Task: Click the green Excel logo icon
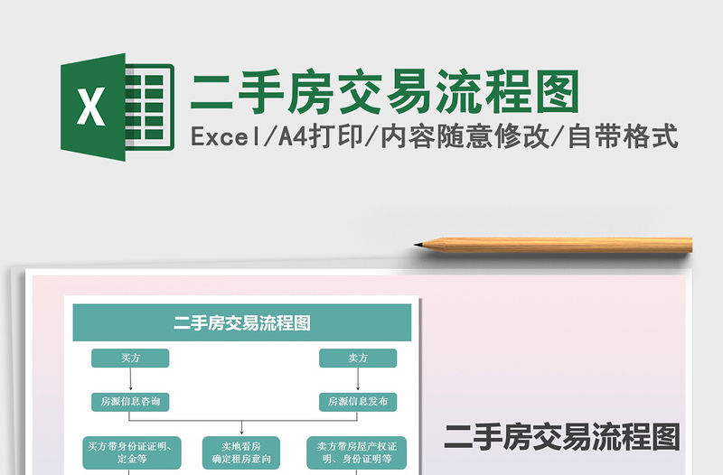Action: tap(116, 107)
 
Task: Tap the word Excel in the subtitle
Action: tap(225, 137)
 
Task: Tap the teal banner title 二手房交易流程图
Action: tap(241, 322)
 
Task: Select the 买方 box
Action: tap(130, 359)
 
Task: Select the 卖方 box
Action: tap(358, 359)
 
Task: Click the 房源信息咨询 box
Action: tap(130, 401)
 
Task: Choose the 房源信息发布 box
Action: tap(358, 401)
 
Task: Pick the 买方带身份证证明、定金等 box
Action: tap(130, 452)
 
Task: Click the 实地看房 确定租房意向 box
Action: tap(242, 452)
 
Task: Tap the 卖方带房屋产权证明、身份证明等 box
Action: tap(355, 452)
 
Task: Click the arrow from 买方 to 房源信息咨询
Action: tap(130, 379)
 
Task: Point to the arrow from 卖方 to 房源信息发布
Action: tap(358, 379)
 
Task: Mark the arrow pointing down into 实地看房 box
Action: tap(242, 429)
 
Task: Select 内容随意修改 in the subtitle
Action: tap(467, 137)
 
